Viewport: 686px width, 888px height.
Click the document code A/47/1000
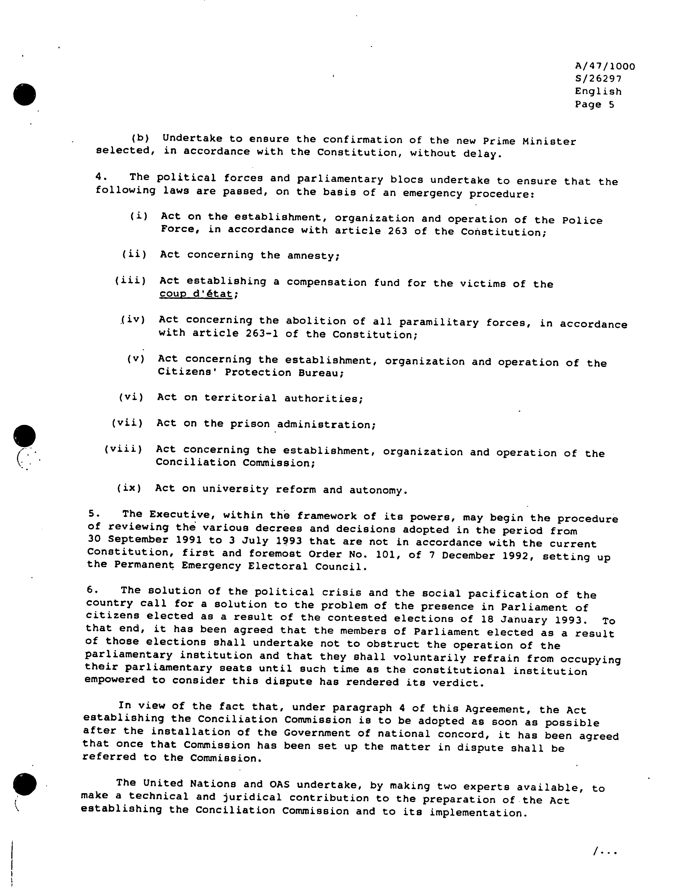coord(605,66)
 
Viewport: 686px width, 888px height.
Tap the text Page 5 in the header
coord(594,105)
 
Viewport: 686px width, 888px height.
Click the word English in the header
coord(598,92)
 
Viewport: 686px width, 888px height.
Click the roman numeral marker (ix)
coord(129,487)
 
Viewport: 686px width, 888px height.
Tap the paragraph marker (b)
coord(140,138)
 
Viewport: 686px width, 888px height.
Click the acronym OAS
coord(280,784)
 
